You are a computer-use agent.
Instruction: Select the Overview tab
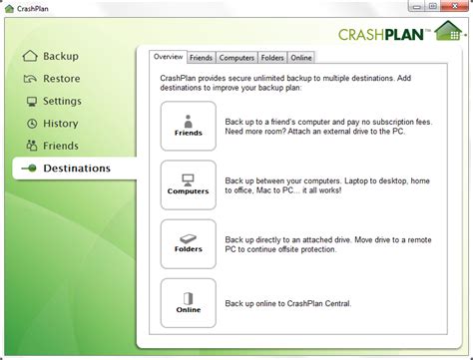pyautogui.click(x=168, y=58)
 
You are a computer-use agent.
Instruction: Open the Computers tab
pyautogui.click(x=236, y=59)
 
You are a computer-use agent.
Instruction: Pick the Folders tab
pyautogui.click(x=272, y=59)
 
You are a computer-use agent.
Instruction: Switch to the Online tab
pyautogui.click(x=301, y=59)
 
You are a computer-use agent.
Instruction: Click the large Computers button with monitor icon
pyautogui.click(x=188, y=184)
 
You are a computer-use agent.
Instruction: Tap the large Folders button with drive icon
pyautogui.click(x=188, y=243)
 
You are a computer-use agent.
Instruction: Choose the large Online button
pyautogui.click(x=188, y=302)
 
